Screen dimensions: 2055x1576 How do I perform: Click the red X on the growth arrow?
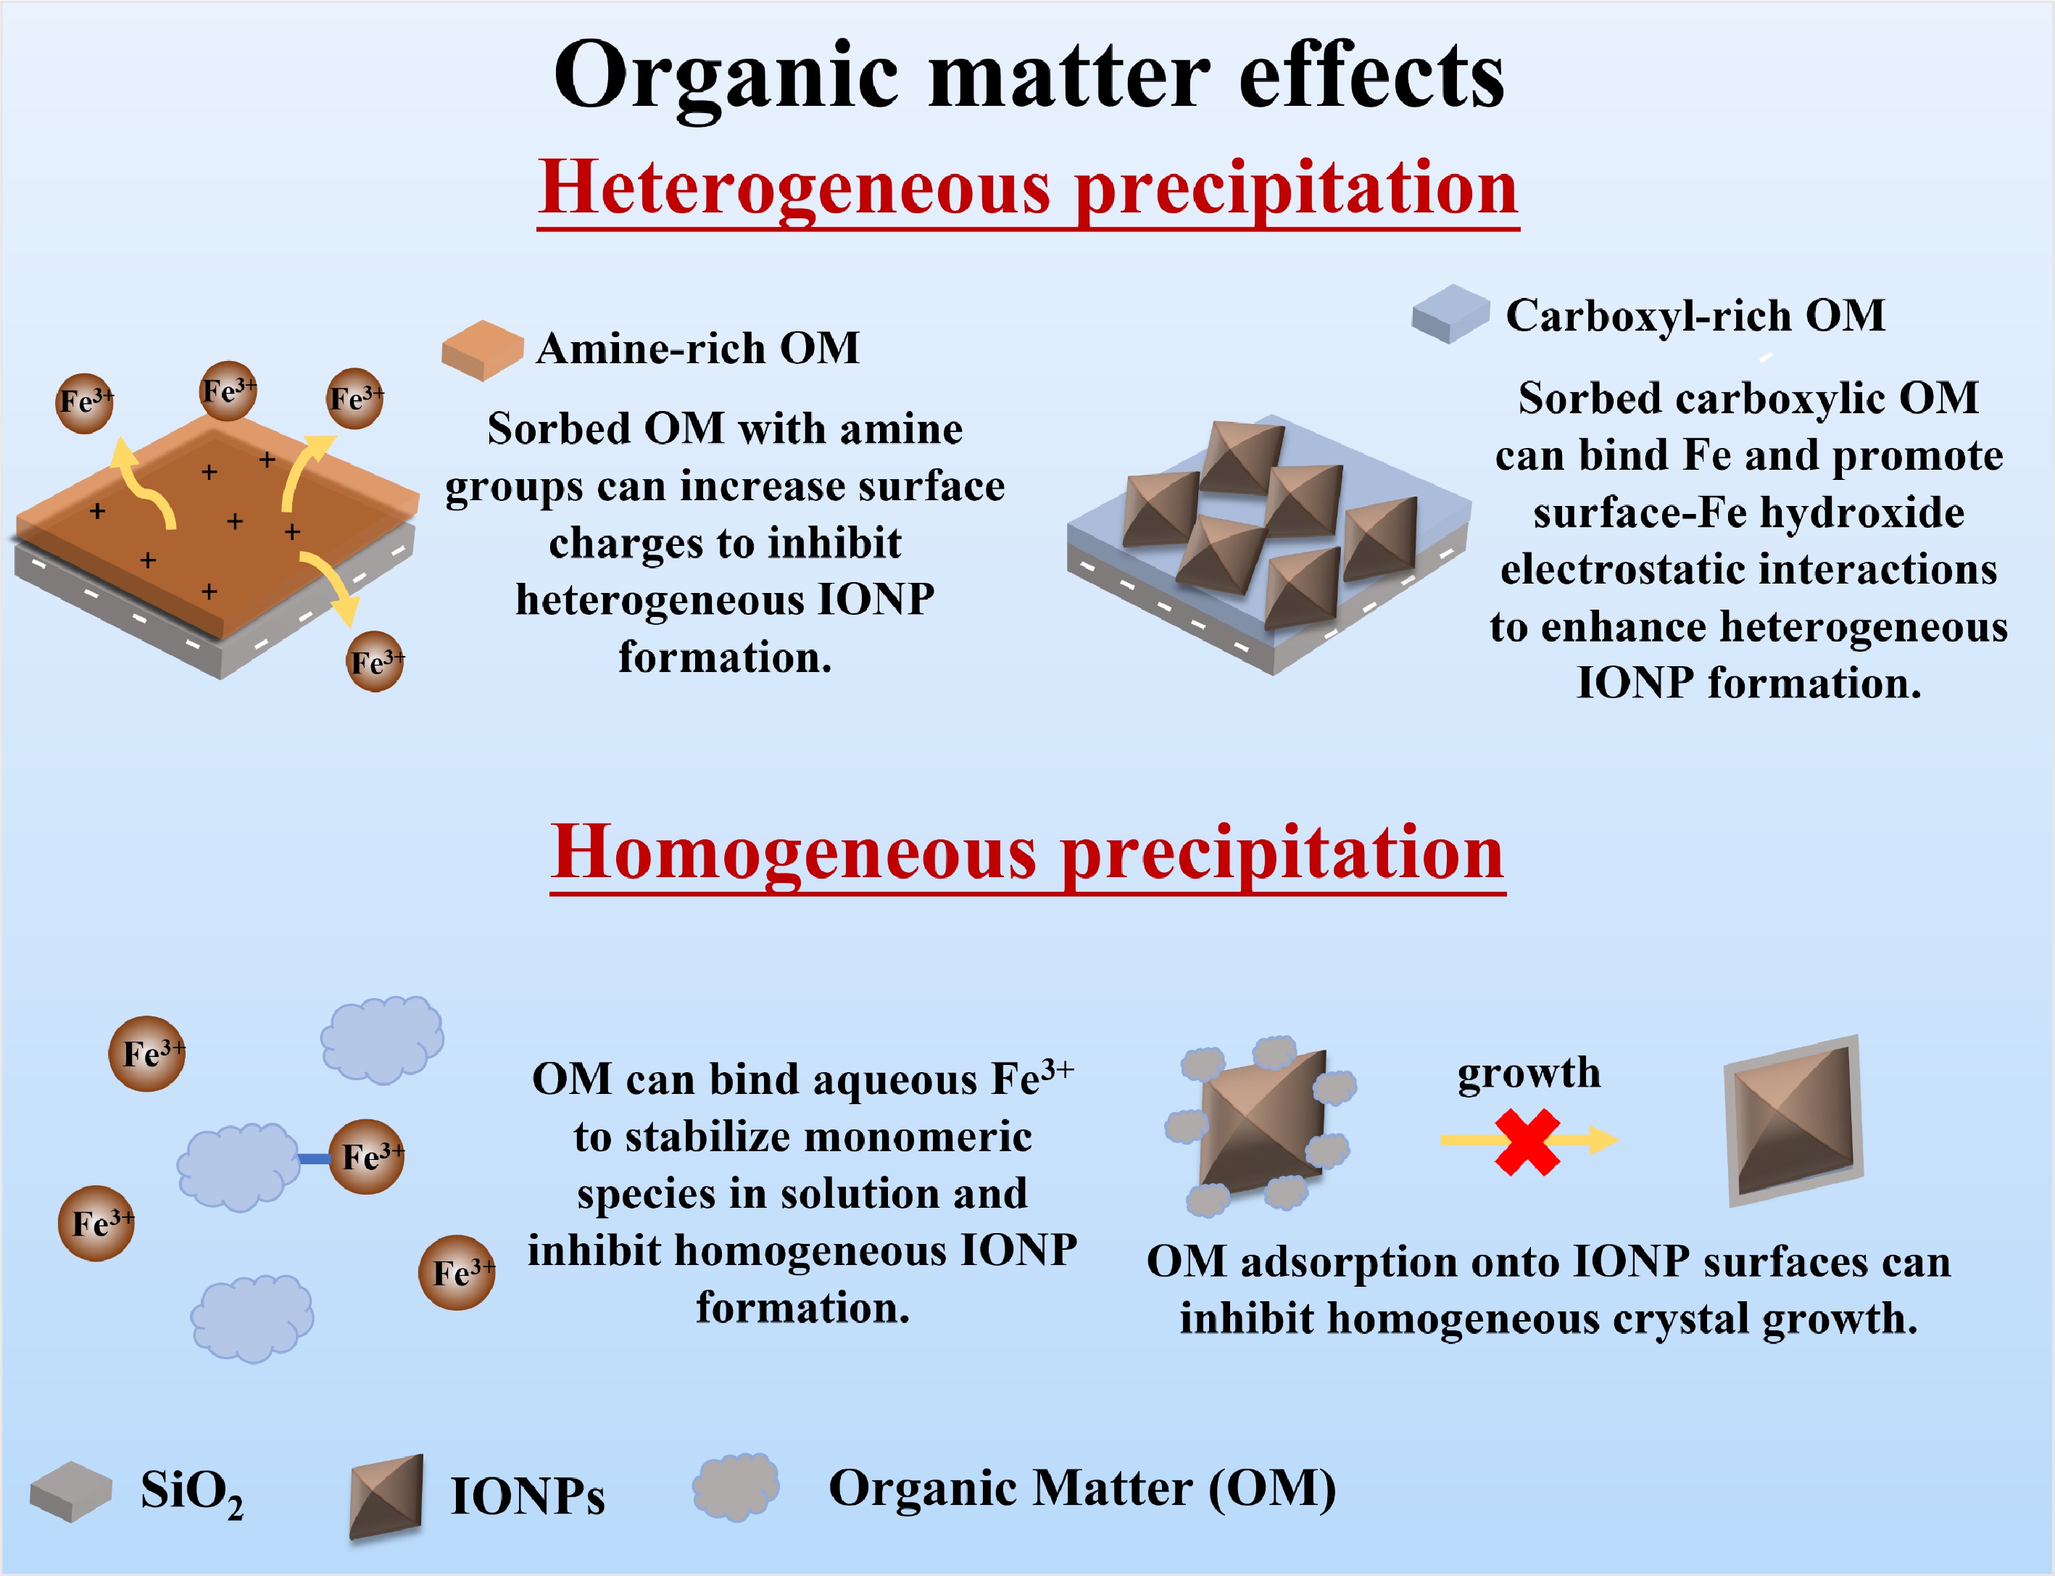click(x=1528, y=1142)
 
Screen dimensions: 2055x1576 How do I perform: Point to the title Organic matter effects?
click(x=1029, y=77)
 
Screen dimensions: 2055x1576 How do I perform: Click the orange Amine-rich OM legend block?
click(x=482, y=350)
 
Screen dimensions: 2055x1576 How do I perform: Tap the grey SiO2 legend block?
click(x=71, y=1490)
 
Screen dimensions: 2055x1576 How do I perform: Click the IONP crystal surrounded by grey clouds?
click(x=1261, y=1125)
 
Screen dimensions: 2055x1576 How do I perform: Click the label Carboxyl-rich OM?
click(x=1695, y=315)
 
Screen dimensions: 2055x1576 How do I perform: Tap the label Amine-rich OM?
click(x=698, y=348)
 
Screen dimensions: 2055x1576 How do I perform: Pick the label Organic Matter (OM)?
click(x=1082, y=1489)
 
